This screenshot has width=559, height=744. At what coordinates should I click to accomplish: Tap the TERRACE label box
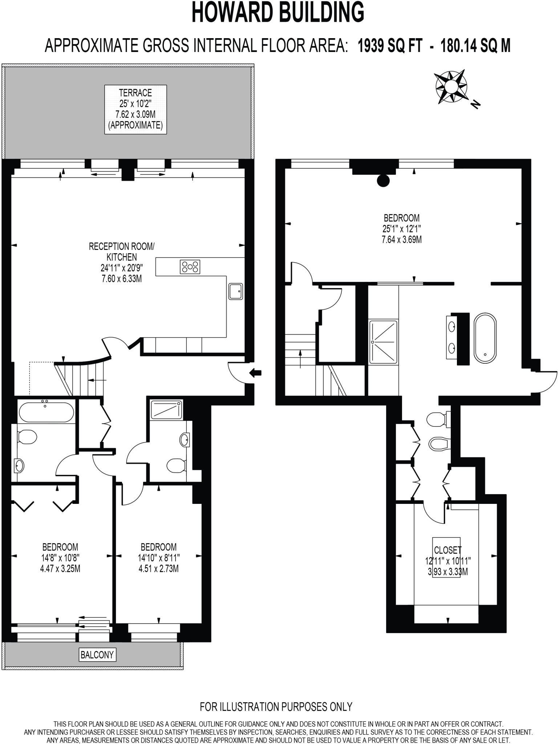(x=135, y=109)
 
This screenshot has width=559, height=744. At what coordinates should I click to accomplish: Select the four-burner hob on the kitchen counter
(x=190, y=267)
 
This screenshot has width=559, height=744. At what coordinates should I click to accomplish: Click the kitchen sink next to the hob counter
(x=236, y=291)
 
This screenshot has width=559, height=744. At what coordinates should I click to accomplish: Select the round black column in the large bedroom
(x=383, y=180)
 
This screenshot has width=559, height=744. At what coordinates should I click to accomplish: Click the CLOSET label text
(x=447, y=550)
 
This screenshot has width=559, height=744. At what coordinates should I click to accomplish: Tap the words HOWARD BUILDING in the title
(x=278, y=13)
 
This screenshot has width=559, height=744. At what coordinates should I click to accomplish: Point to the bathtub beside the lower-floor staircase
(x=46, y=412)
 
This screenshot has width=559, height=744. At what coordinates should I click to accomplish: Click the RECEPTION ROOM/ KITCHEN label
(x=122, y=252)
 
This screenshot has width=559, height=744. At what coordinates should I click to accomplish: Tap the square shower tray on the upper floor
(x=383, y=341)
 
